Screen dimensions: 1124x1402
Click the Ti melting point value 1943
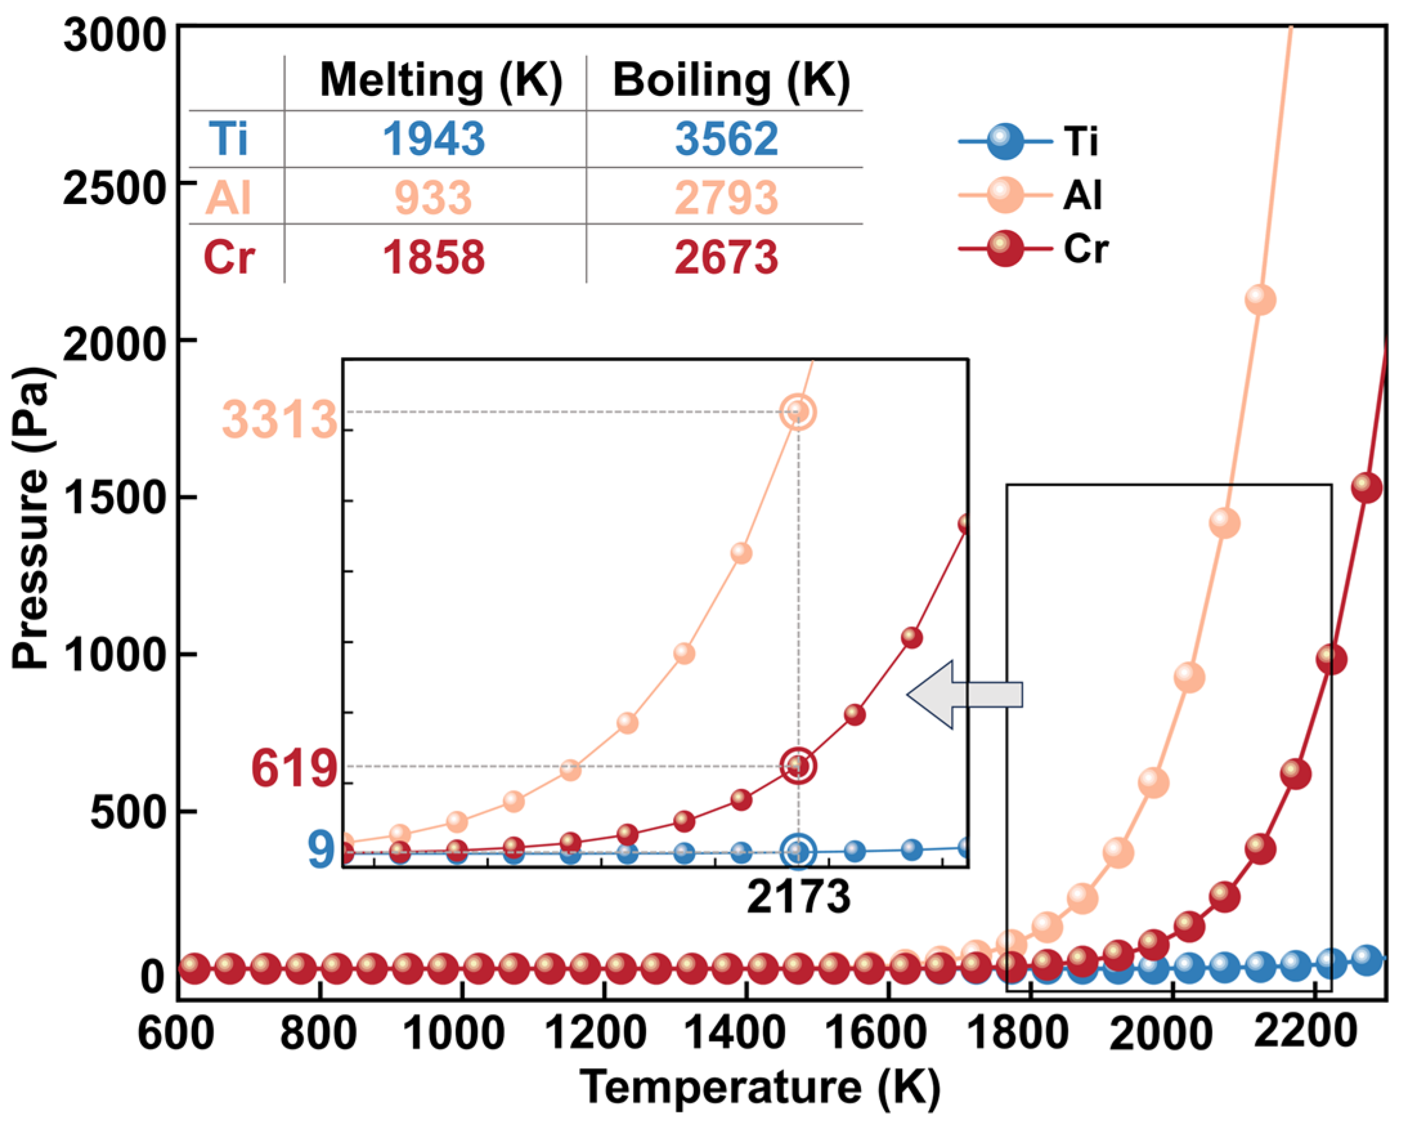click(434, 138)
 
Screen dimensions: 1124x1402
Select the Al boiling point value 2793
click(726, 198)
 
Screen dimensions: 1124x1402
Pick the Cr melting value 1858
click(434, 257)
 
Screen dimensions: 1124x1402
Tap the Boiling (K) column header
click(731, 81)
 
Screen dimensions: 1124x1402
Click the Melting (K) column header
click(441, 81)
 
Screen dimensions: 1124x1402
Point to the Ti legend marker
click(1005, 140)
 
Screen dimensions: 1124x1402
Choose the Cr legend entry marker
click(1005, 248)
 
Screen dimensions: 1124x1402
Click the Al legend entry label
click(1082, 194)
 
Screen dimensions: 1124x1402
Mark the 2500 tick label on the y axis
click(113, 189)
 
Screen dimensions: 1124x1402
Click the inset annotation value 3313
click(280, 420)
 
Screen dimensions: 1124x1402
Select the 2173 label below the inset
click(798, 898)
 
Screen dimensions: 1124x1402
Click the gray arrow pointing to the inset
click(965, 695)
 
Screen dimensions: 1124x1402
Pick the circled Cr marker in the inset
click(798, 766)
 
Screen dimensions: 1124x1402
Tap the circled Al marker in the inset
click(798, 413)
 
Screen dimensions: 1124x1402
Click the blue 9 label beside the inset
click(321, 850)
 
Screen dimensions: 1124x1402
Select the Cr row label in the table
click(229, 257)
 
